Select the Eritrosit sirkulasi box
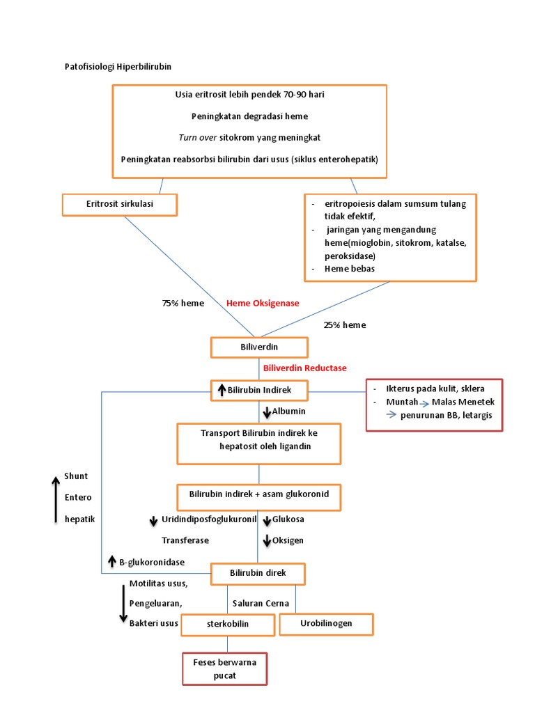(x=119, y=204)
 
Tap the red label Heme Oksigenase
(x=262, y=304)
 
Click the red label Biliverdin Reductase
(x=304, y=368)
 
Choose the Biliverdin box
(x=258, y=346)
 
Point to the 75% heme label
(x=183, y=304)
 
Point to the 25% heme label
(x=344, y=324)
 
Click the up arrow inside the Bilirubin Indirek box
(x=222, y=390)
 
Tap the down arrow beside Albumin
(x=267, y=412)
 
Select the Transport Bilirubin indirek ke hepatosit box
(x=259, y=444)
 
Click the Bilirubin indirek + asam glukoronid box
(x=259, y=495)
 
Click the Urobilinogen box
(x=326, y=624)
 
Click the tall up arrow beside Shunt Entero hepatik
(x=56, y=499)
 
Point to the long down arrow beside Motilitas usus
(x=123, y=603)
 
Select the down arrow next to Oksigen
(x=267, y=540)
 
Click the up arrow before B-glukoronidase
(x=111, y=561)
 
